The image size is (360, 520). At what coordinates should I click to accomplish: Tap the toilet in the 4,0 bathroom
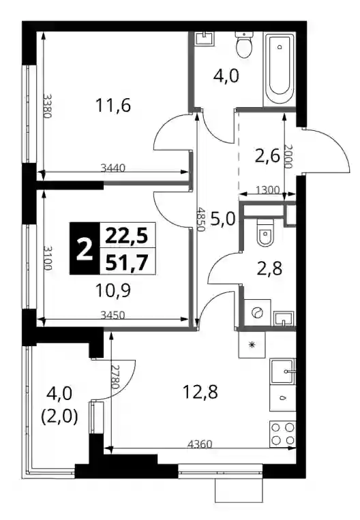click(x=244, y=45)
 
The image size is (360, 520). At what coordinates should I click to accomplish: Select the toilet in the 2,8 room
click(x=265, y=232)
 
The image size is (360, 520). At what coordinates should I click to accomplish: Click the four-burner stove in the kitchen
click(x=282, y=433)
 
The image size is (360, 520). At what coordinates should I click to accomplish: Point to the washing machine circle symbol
click(x=258, y=313)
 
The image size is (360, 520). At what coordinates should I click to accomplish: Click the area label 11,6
click(x=112, y=106)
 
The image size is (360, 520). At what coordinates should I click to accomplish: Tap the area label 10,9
click(x=112, y=291)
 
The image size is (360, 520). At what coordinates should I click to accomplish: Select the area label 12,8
click(x=200, y=392)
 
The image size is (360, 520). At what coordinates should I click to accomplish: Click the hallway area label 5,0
click(x=223, y=219)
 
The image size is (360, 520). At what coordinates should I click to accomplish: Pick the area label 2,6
click(x=267, y=156)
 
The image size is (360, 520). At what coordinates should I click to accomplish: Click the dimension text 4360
click(x=200, y=444)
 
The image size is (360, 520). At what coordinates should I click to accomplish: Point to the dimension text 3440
click(x=112, y=168)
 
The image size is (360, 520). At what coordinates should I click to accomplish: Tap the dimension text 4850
click(x=200, y=219)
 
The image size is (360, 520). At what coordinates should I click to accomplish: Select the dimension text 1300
click(x=267, y=190)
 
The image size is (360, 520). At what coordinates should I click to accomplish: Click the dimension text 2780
click(x=115, y=377)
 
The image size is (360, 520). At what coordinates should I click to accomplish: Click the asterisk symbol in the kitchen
click(x=252, y=345)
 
